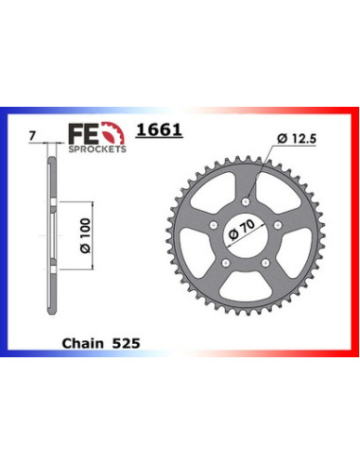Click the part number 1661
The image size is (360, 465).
point(159,129)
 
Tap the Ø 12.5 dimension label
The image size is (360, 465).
point(297,139)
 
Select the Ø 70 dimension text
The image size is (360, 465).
point(242,230)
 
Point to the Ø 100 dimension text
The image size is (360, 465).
point(85,235)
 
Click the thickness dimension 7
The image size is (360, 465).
point(31,137)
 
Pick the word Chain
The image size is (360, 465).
point(83,343)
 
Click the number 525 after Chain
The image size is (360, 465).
point(126,343)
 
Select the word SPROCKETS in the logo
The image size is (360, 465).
point(97,149)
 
